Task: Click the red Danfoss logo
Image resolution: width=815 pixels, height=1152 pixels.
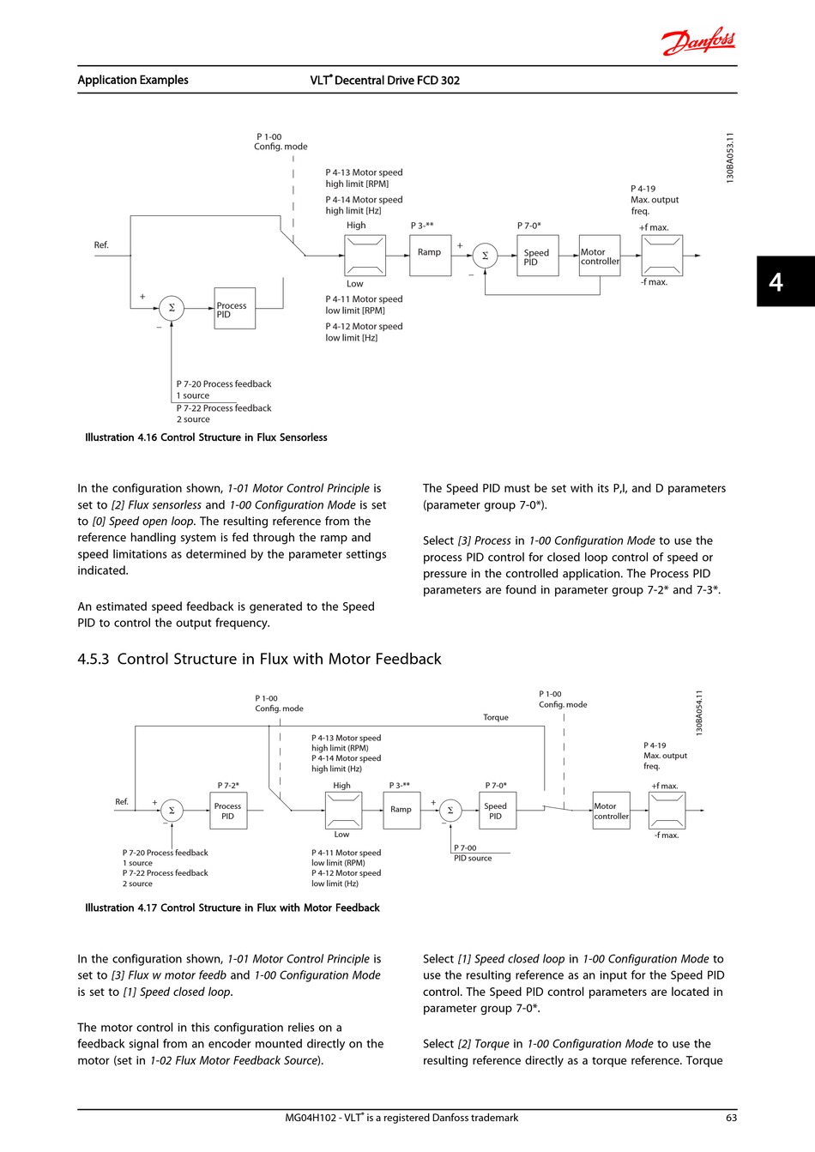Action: [698, 41]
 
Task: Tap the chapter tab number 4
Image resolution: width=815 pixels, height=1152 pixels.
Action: [776, 282]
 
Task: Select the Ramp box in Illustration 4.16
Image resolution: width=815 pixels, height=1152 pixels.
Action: [431, 256]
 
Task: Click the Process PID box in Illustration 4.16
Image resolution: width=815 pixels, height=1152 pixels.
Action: [234, 309]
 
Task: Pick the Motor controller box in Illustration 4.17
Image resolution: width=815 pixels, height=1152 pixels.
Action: [612, 811]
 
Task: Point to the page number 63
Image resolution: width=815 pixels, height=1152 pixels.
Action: [731, 1118]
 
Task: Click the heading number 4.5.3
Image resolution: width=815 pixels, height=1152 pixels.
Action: [93, 659]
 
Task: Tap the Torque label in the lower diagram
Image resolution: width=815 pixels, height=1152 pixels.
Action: [496, 717]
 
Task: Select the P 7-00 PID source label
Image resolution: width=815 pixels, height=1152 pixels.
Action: [473, 853]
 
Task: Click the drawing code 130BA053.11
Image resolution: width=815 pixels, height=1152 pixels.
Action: [730, 157]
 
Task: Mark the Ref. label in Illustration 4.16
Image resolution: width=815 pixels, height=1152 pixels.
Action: [101, 245]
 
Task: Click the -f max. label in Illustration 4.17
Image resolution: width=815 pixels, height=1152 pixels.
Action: [667, 835]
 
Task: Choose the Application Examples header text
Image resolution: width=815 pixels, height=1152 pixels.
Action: [133, 80]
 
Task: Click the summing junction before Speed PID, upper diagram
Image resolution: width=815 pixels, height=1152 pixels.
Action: [485, 256]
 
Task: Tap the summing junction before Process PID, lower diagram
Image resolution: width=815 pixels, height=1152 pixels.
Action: [172, 811]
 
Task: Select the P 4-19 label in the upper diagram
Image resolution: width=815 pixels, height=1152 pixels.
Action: [643, 189]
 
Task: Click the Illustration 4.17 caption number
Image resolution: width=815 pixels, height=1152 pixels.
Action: [147, 908]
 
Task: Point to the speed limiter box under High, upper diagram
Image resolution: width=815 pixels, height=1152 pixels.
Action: [365, 256]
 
